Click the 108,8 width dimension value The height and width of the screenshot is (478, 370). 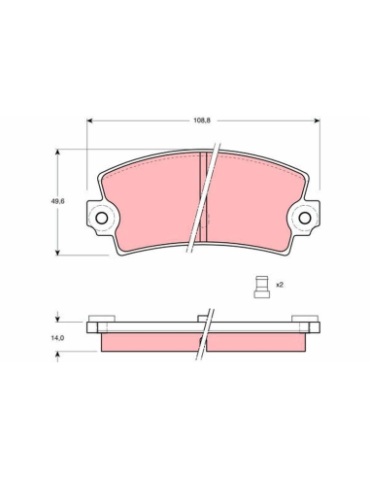click(x=202, y=120)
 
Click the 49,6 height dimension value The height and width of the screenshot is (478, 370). click(x=57, y=201)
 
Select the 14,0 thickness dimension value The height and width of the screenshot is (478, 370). click(x=57, y=338)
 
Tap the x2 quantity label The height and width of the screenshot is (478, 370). click(x=280, y=285)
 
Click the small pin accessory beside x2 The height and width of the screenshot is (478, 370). click(x=262, y=287)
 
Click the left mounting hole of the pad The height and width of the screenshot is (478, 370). click(x=102, y=218)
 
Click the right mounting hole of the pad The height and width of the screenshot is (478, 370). click(x=305, y=218)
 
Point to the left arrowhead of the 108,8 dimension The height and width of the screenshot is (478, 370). click(x=90, y=120)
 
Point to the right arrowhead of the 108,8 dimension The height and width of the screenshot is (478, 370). click(x=317, y=120)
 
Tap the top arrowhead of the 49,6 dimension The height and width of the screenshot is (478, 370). click(x=57, y=153)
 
